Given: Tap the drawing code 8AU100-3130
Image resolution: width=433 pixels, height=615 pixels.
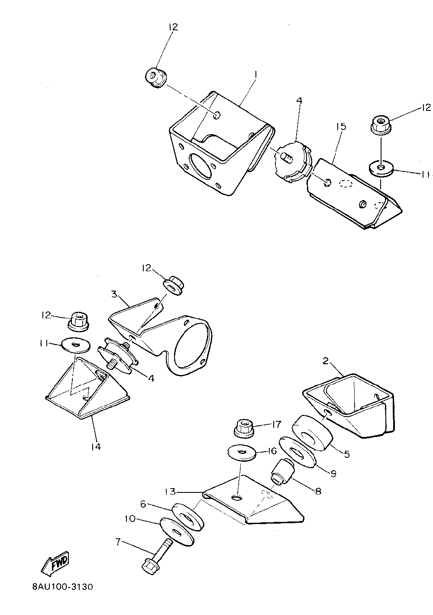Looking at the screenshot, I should (x=62, y=588).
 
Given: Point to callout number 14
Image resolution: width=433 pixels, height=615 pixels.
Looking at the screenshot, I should (x=96, y=446).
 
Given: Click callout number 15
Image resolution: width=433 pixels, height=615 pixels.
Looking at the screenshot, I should (x=341, y=126).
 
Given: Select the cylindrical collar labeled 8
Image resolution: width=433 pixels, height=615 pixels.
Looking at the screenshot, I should (x=282, y=472).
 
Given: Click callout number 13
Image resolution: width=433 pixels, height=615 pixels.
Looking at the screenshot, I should (x=171, y=492).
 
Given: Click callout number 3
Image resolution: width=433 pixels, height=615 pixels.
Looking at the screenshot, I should (x=114, y=295).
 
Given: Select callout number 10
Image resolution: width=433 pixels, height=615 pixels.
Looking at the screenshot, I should (x=131, y=518).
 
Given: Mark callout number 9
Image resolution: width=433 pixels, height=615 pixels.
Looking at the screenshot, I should (x=333, y=473).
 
